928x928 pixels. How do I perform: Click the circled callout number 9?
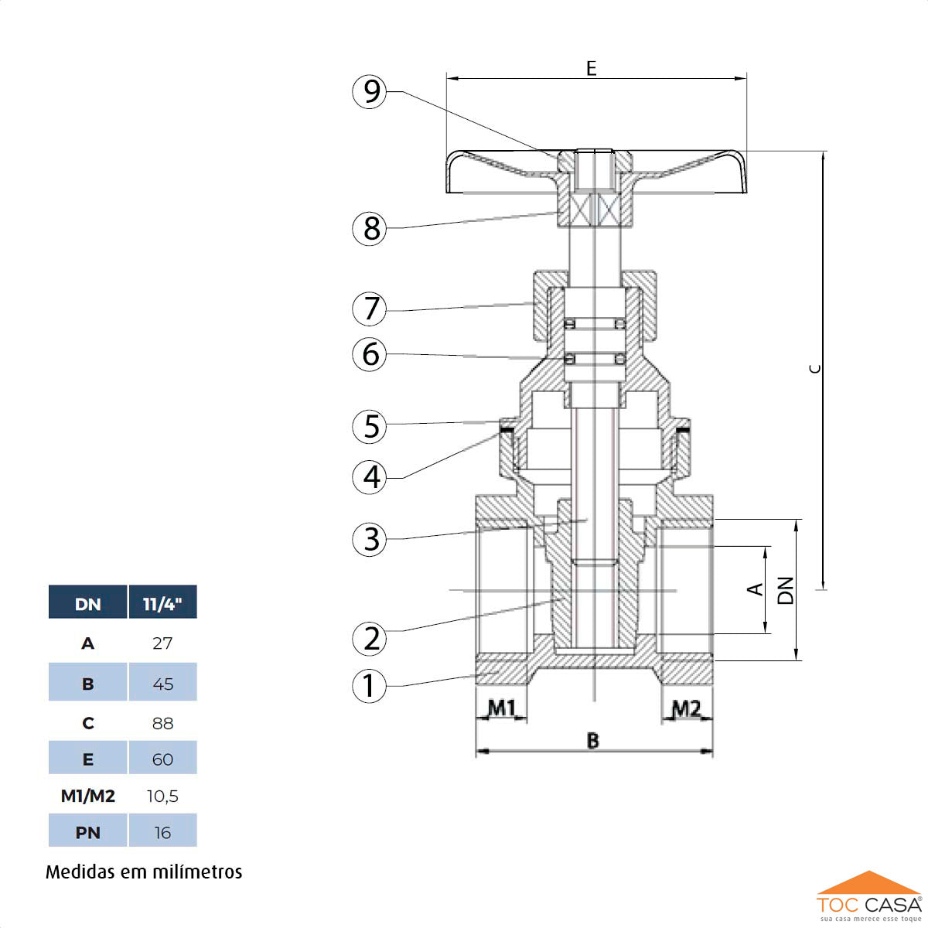click(371, 92)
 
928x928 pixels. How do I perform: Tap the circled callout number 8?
click(371, 228)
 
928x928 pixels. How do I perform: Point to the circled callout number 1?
click(370, 685)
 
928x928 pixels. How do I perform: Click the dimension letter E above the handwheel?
click(592, 68)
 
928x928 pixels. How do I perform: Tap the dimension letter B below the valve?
click(593, 741)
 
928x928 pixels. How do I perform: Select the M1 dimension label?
click(501, 708)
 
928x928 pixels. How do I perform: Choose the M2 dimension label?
click(686, 708)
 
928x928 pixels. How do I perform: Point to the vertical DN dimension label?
click(786, 590)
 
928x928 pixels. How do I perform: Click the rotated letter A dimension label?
click(756, 589)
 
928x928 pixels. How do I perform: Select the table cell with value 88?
click(162, 723)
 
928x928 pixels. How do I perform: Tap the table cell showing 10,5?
click(162, 796)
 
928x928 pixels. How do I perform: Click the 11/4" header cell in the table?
click(162, 603)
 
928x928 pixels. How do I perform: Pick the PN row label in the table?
click(87, 833)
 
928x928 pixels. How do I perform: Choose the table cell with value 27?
click(162, 643)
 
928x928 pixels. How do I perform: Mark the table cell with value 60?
click(162, 759)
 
